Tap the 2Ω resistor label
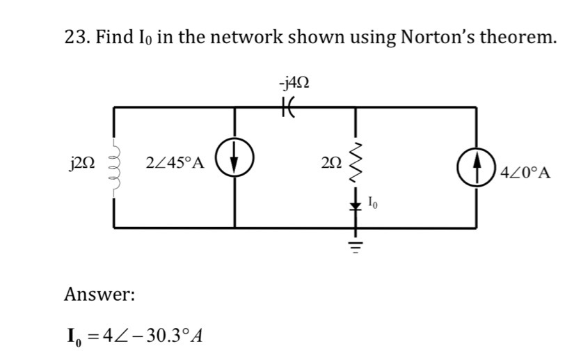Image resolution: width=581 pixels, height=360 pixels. (x=332, y=165)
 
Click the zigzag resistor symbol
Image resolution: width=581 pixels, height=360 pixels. (x=356, y=164)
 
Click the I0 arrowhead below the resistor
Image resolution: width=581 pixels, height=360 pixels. (x=356, y=204)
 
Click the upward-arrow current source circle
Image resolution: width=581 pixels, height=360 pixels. (x=477, y=168)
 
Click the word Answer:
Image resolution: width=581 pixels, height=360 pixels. (x=100, y=295)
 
